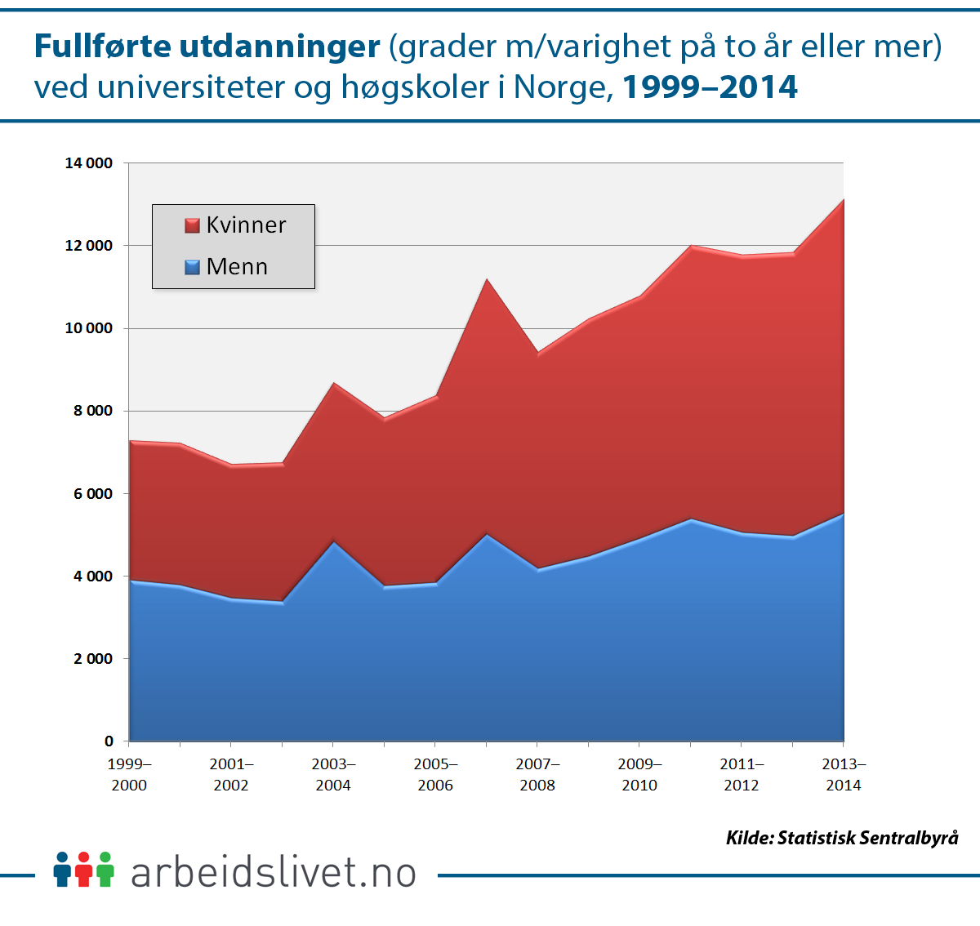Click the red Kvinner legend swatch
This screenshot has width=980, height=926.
pos(193,225)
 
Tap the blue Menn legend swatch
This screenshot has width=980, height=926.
pos(193,267)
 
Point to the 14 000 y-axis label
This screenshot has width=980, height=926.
pos(89,163)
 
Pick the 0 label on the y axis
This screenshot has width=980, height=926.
pos(109,741)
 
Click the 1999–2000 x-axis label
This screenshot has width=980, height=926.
pos(129,775)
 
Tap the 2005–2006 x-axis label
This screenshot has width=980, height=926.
pos(435,775)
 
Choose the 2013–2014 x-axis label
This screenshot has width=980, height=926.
pos(844,775)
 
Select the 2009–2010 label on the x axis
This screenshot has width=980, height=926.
pos(639,775)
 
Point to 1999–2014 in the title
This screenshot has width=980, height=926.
pos(710,87)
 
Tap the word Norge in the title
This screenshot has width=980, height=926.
pos(563,87)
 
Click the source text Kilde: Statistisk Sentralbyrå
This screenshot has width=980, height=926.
pos(842,838)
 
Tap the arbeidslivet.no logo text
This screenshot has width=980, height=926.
pos(274,872)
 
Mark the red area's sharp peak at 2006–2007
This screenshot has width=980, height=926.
pos(487,280)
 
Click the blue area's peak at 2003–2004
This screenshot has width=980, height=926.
pos(333,542)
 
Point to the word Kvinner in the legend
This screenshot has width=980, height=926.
pos(246,225)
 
